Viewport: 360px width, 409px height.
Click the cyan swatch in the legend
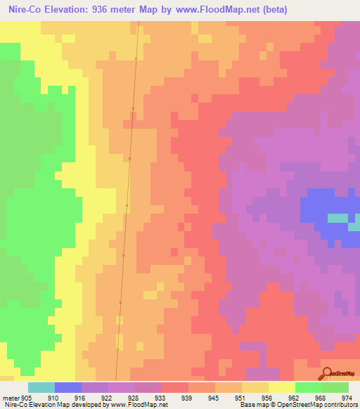[41, 387]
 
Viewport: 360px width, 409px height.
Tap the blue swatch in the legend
[68, 387]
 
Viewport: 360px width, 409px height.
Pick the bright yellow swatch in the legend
[281, 387]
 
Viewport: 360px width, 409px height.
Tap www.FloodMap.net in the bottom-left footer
[137, 405]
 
